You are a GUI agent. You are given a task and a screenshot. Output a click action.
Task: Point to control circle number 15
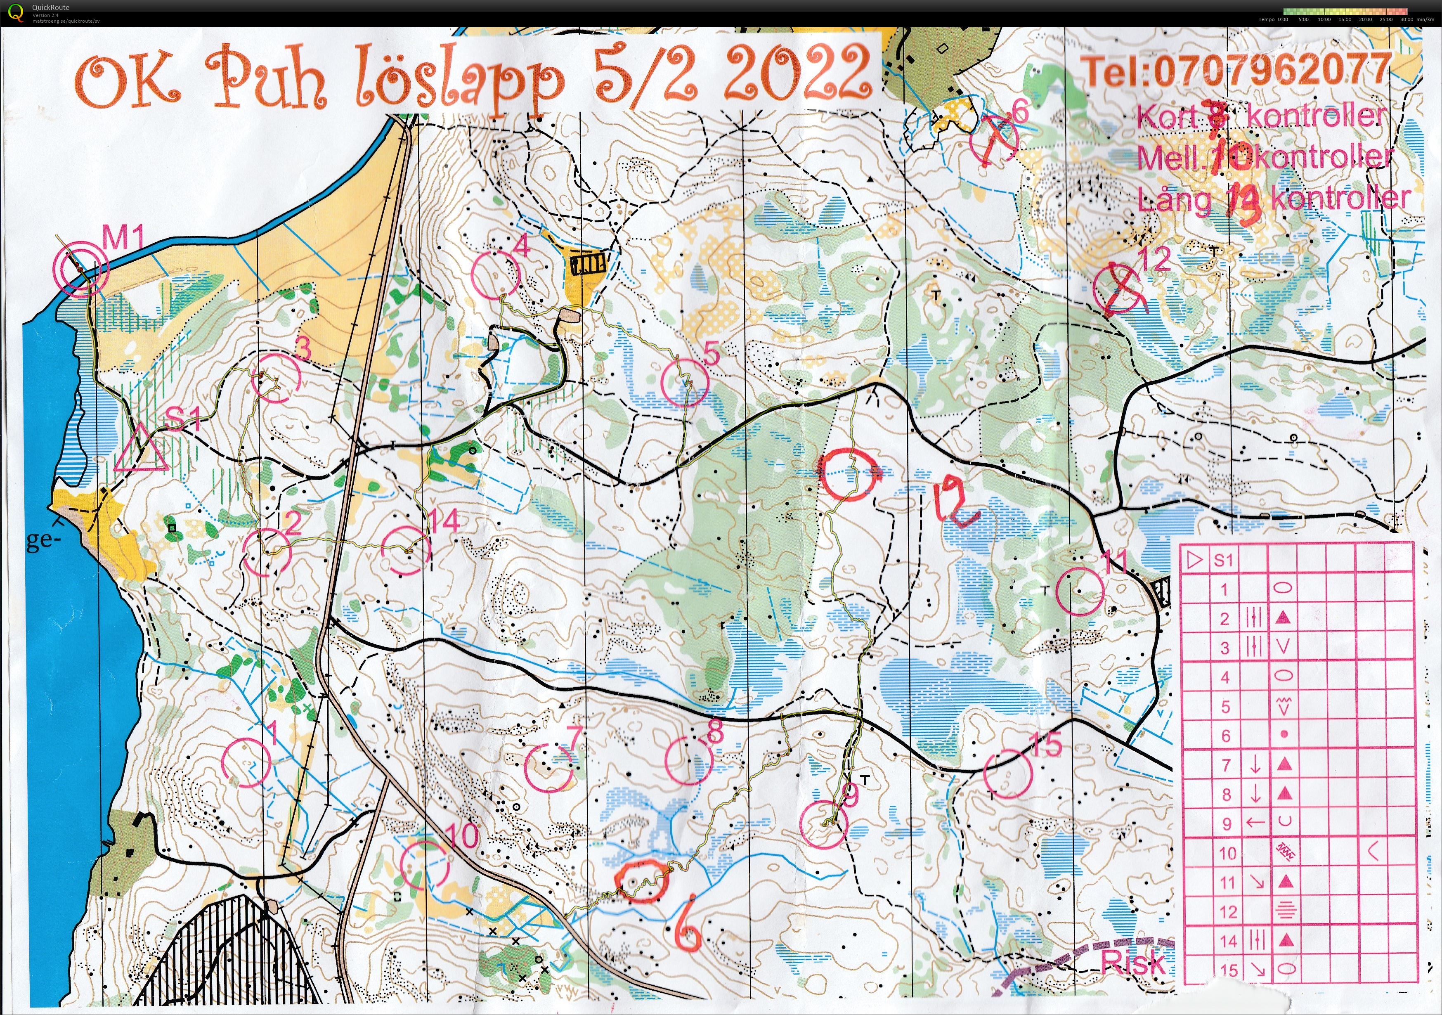coord(1007,774)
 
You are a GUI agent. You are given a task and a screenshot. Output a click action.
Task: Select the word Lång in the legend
coord(1175,200)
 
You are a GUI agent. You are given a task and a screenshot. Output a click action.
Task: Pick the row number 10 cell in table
coord(1227,853)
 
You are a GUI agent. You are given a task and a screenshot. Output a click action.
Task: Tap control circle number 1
coord(247,762)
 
